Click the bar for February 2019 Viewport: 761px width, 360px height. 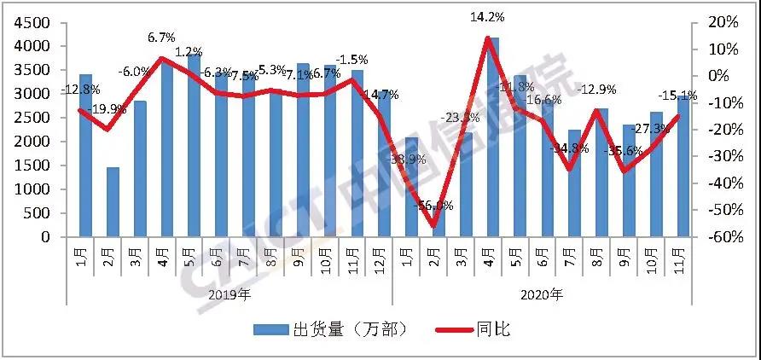113,202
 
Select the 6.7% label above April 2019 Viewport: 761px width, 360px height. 162,38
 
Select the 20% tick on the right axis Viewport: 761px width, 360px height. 718,22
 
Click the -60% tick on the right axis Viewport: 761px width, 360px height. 716,237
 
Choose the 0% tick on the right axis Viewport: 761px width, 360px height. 722,76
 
